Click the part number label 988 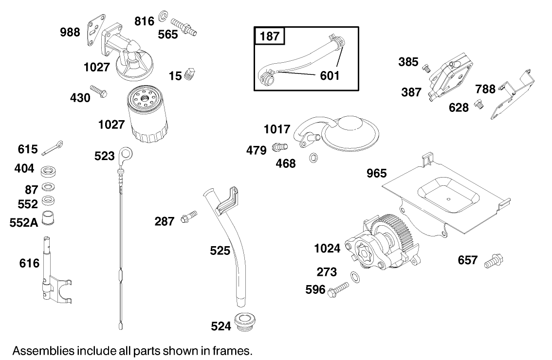point(71,33)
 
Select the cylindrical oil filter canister point(147,115)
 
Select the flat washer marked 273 point(356,277)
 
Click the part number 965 point(376,173)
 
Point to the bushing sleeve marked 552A point(48,219)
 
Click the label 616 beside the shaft point(29,263)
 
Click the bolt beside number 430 point(100,92)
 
